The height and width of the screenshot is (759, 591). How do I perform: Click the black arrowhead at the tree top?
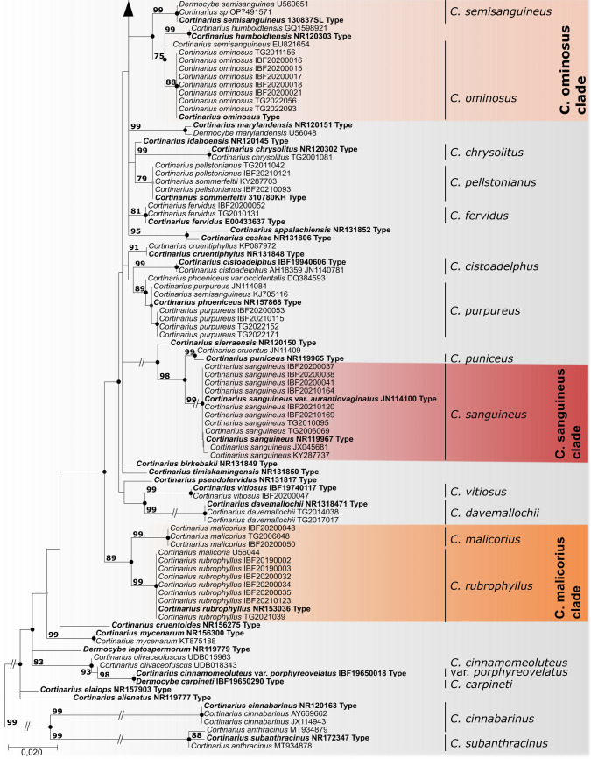(x=129, y=9)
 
